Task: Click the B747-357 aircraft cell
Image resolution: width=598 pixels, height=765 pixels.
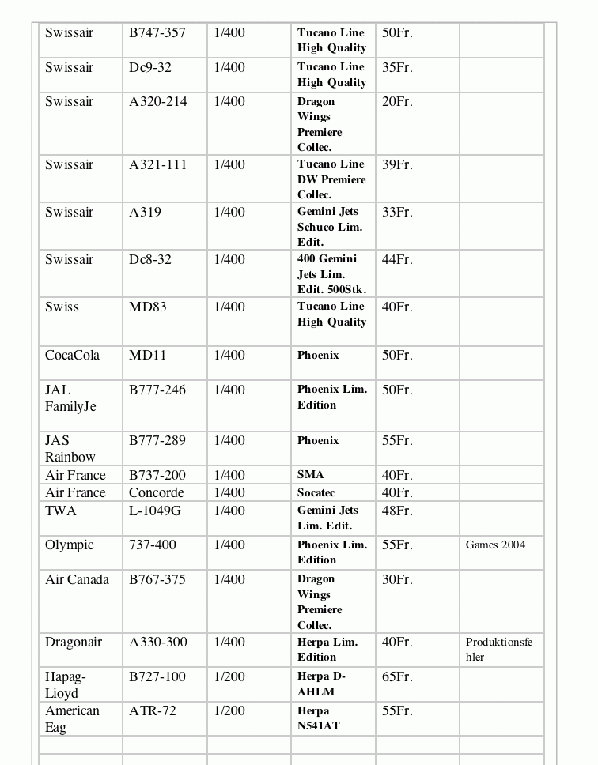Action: pos(157,33)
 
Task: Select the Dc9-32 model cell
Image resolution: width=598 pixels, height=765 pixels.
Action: pos(150,68)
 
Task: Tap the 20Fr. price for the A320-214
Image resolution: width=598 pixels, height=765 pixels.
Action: pos(397,102)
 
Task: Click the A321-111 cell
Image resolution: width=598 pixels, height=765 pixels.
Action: pos(158,165)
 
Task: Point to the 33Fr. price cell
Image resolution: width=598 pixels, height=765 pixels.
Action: pos(397,213)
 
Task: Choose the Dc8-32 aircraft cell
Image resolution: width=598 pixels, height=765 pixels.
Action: pos(150,260)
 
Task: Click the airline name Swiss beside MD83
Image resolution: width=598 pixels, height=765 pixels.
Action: pos(62,307)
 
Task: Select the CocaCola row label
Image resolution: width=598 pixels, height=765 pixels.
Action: pos(72,356)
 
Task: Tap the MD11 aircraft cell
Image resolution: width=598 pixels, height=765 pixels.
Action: pos(148,356)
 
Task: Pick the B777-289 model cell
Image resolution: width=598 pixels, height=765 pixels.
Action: pos(157,441)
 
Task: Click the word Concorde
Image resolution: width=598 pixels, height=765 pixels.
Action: pos(156,493)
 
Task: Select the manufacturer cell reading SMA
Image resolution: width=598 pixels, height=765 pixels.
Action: pos(311,475)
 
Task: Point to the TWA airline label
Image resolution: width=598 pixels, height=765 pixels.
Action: pos(61,511)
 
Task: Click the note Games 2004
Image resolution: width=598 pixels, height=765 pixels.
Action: pos(495,545)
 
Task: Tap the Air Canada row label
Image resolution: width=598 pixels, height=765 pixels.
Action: pos(77,580)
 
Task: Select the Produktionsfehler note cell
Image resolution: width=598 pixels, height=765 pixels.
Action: pos(499,650)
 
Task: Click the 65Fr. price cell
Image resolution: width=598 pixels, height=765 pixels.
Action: pos(397,677)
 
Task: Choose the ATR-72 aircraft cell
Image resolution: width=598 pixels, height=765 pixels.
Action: pos(153,711)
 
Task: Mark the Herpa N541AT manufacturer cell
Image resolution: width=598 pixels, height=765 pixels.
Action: pos(319,718)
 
